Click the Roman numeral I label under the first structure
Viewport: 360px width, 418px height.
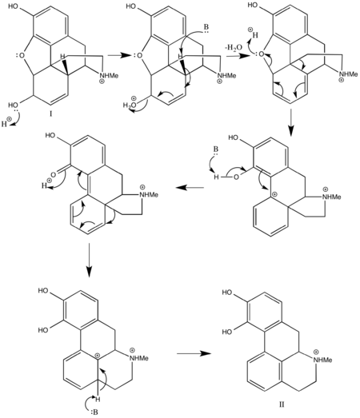(x=50, y=114)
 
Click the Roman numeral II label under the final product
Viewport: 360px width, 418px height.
(x=282, y=404)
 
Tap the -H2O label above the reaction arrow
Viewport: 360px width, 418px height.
(x=234, y=48)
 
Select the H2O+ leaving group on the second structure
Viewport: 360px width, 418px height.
(x=130, y=105)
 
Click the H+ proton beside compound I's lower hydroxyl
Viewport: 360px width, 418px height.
(x=6, y=123)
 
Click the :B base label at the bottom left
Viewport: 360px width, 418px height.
(x=94, y=412)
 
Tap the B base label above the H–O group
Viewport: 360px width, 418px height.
(x=215, y=149)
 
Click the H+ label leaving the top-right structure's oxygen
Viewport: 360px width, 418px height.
(x=254, y=34)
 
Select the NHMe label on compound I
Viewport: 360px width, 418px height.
(x=109, y=76)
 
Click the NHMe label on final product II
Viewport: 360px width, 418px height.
(x=323, y=360)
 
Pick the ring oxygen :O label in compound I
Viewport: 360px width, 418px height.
(x=20, y=55)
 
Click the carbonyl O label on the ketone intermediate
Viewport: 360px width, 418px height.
(x=53, y=175)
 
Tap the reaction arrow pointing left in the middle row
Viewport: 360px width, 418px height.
(x=190, y=188)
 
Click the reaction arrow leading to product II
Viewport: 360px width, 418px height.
(x=194, y=353)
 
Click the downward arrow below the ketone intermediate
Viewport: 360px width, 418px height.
(x=89, y=261)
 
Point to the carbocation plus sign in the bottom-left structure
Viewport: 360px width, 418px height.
(x=98, y=356)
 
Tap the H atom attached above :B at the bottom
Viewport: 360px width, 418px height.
(x=98, y=399)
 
